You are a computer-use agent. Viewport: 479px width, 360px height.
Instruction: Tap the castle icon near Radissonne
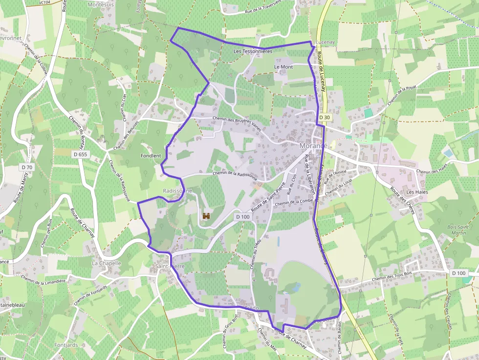[206, 215]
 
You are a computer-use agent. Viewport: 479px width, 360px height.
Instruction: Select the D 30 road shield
[325, 117]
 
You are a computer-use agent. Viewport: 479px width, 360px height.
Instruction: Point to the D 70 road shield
[27, 167]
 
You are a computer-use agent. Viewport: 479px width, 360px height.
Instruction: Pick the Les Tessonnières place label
[253, 51]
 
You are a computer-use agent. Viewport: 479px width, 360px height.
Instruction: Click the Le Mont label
[283, 67]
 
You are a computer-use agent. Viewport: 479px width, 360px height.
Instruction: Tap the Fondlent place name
[151, 156]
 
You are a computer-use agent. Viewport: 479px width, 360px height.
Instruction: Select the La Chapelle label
[106, 263]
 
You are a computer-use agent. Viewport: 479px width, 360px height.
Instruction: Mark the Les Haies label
[417, 192]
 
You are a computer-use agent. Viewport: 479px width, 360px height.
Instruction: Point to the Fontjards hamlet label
[66, 345]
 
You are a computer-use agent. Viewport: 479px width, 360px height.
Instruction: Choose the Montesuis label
[100, 4]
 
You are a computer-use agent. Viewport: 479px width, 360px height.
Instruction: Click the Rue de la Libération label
[309, 175]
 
